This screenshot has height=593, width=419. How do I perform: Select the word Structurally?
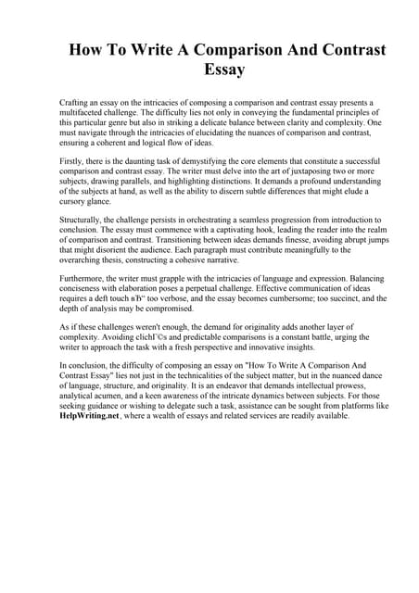(82, 221)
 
